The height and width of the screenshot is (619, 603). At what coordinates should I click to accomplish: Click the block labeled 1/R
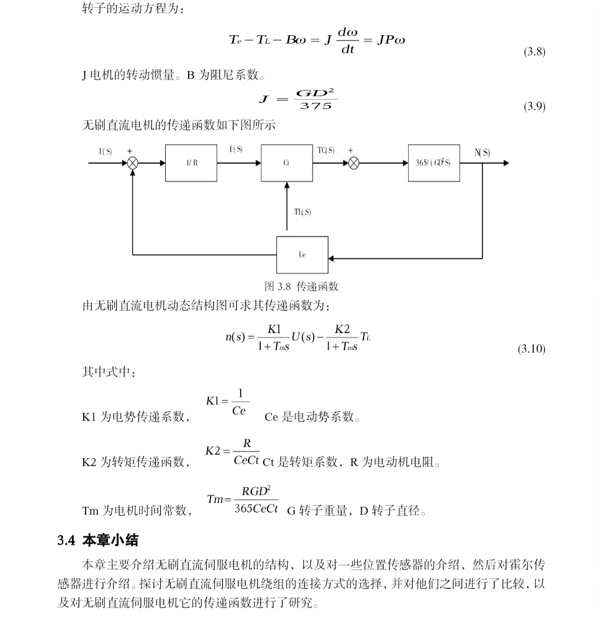coord(191,163)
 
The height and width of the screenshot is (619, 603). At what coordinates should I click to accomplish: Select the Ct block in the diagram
coord(286,163)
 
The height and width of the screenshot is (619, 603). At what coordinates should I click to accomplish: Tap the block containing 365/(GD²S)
coord(434,163)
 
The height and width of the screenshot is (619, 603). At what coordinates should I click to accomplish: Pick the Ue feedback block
coord(302,255)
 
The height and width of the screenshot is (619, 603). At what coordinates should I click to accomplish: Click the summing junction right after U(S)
coord(133,163)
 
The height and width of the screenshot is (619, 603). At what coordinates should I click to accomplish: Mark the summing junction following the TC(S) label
coord(353,163)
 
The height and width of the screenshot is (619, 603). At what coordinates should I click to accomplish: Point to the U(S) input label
coord(106,151)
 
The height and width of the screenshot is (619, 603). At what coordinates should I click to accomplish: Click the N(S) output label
coord(482,153)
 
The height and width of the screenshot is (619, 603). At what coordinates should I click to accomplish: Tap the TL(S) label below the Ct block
coord(303,212)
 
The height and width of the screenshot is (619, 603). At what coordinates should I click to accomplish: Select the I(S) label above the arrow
coord(236,150)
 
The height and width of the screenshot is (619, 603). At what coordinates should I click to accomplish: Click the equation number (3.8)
coord(534,52)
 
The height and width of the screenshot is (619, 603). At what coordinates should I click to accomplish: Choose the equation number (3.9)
coord(534,107)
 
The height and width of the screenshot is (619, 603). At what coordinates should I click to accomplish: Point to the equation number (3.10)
coord(532,349)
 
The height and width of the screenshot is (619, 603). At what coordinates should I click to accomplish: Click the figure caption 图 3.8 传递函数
coord(301,287)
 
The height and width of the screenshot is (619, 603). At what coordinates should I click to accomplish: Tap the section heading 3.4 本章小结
coord(98,540)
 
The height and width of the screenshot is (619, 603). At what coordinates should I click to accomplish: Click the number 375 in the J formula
coord(315,106)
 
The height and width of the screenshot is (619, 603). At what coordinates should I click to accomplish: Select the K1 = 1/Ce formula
coord(228,402)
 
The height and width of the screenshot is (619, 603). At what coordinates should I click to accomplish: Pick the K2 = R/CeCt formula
coord(232,452)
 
